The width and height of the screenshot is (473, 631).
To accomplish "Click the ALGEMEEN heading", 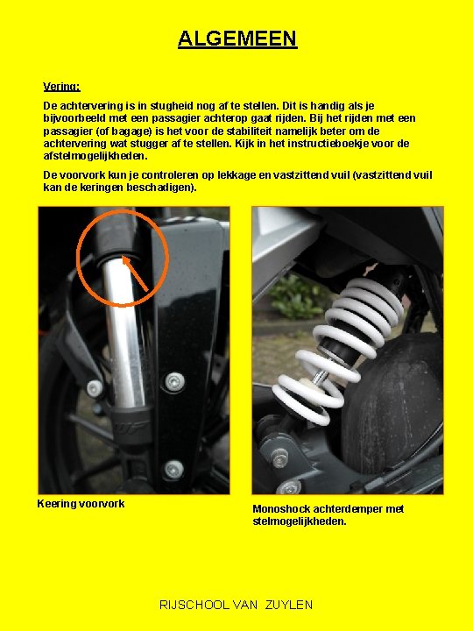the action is click(237, 39).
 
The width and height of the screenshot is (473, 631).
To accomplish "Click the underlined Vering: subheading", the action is click(61, 87).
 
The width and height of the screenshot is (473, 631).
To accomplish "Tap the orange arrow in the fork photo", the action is click(135, 273).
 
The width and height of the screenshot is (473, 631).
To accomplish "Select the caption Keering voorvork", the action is click(81, 504).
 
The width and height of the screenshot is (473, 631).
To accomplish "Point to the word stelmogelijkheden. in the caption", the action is click(300, 521).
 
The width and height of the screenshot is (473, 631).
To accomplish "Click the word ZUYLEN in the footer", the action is click(289, 605).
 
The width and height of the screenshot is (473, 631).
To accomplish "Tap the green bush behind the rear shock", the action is click(296, 297).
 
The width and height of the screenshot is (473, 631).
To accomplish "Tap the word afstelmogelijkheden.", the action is click(95, 156).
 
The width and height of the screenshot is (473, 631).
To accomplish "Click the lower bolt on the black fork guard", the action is click(174, 469).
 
